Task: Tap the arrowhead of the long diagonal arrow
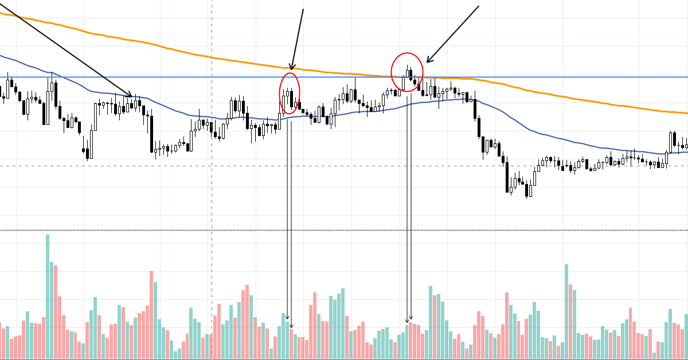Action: tap(131, 96)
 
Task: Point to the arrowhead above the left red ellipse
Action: tap(291, 68)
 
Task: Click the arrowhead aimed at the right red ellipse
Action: tap(428, 61)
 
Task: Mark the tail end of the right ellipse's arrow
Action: tap(478, 6)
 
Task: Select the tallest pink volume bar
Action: tap(151, 315)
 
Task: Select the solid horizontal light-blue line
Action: tap(545, 77)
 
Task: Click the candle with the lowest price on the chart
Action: tap(527, 190)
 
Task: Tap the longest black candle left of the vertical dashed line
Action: tap(151, 134)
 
